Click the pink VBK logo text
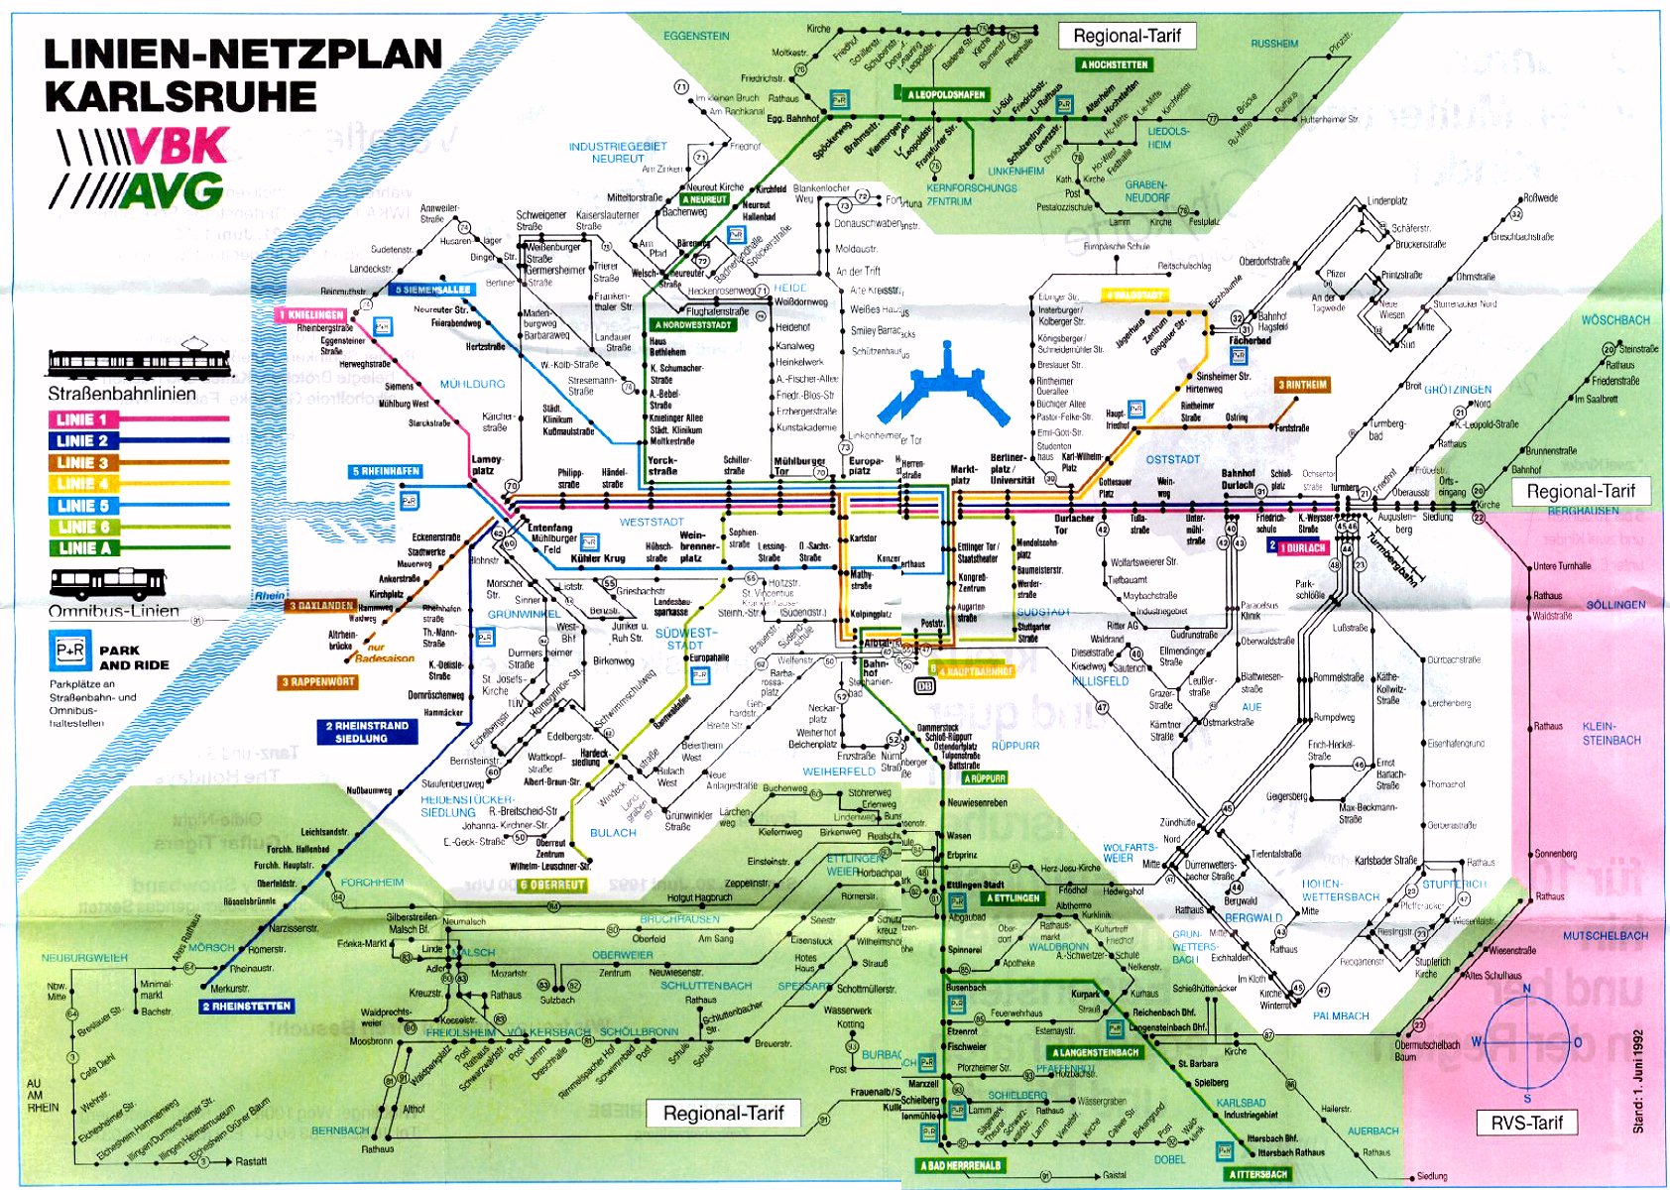[179, 147]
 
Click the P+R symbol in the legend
[69, 651]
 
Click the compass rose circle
[1526, 1040]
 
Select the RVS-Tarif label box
[1526, 1123]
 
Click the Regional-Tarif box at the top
[1127, 37]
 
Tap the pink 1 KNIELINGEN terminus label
[310, 314]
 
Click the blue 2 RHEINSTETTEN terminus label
[246, 1006]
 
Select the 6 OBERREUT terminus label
[552, 885]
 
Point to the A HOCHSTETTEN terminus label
[1114, 64]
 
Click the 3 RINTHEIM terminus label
[1301, 385]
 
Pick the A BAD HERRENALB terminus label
[960, 1165]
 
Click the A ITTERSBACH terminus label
[1257, 1174]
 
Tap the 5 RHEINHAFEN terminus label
[386, 471]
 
